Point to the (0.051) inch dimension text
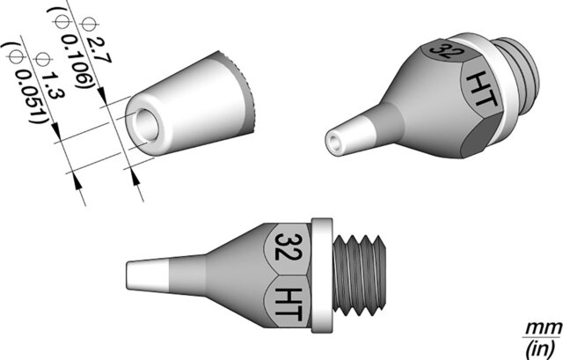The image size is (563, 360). coord(27,85)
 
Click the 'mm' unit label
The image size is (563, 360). coord(544,327)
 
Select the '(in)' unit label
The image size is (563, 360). coord(542,348)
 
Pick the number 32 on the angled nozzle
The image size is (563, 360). coord(444,52)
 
